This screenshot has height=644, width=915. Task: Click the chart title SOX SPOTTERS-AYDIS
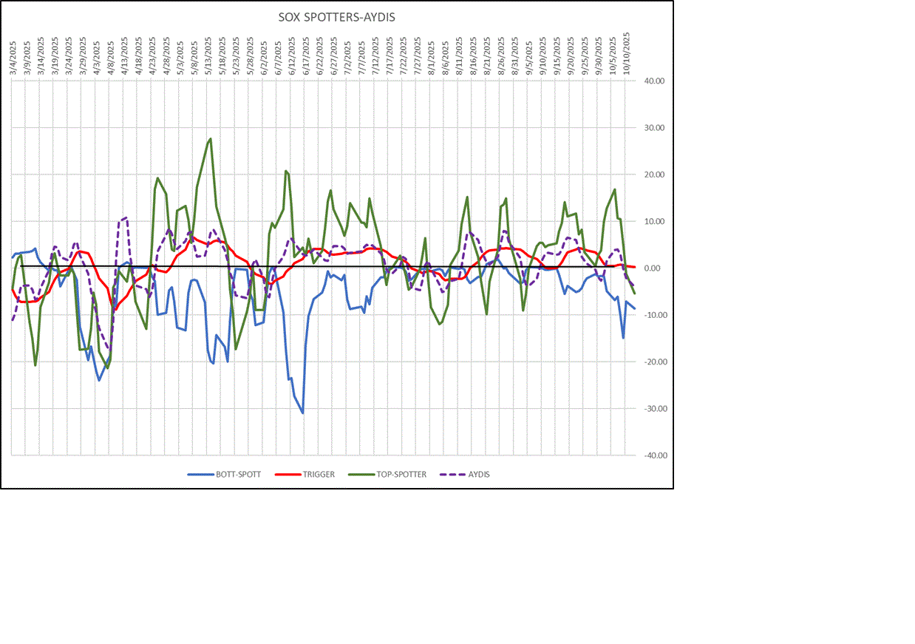336,17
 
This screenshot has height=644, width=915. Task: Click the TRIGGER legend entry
317,475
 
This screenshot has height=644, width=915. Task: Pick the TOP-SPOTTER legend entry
400,475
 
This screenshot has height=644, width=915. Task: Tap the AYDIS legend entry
477,475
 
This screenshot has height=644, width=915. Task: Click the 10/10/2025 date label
626,52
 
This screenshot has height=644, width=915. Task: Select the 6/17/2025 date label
305,54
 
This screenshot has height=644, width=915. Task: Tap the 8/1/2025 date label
430,55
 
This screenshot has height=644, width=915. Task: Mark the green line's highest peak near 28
211,138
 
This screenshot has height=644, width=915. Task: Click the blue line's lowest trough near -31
303,413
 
